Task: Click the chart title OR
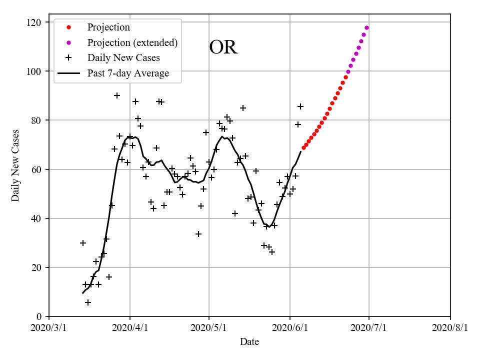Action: click(x=223, y=47)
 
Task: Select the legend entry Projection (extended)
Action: click(x=132, y=42)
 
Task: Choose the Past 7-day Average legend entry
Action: click(x=128, y=73)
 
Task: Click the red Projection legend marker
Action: click(x=68, y=27)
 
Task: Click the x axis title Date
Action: click(x=249, y=342)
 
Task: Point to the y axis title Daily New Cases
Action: click(x=16, y=165)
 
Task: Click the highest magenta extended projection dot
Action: click(x=366, y=27)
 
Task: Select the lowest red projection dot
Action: click(x=303, y=147)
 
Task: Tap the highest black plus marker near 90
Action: click(x=117, y=95)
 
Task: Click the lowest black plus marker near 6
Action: click(x=88, y=302)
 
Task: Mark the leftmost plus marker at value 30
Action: click(x=83, y=243)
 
